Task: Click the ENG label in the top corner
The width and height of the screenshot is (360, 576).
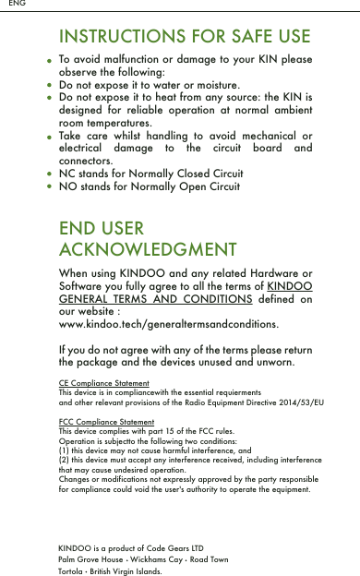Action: (x=17, y=5)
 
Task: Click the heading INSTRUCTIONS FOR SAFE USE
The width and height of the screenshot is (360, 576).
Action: (x=185, y=37)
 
